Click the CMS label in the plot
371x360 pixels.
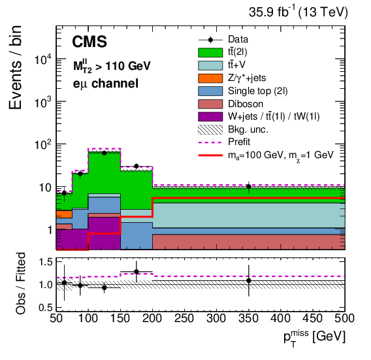coord(89,43)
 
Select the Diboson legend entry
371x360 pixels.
coord(244,103)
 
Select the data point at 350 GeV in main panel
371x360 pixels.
coord(249,187)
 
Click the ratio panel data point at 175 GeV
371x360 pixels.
coord(136,272)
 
